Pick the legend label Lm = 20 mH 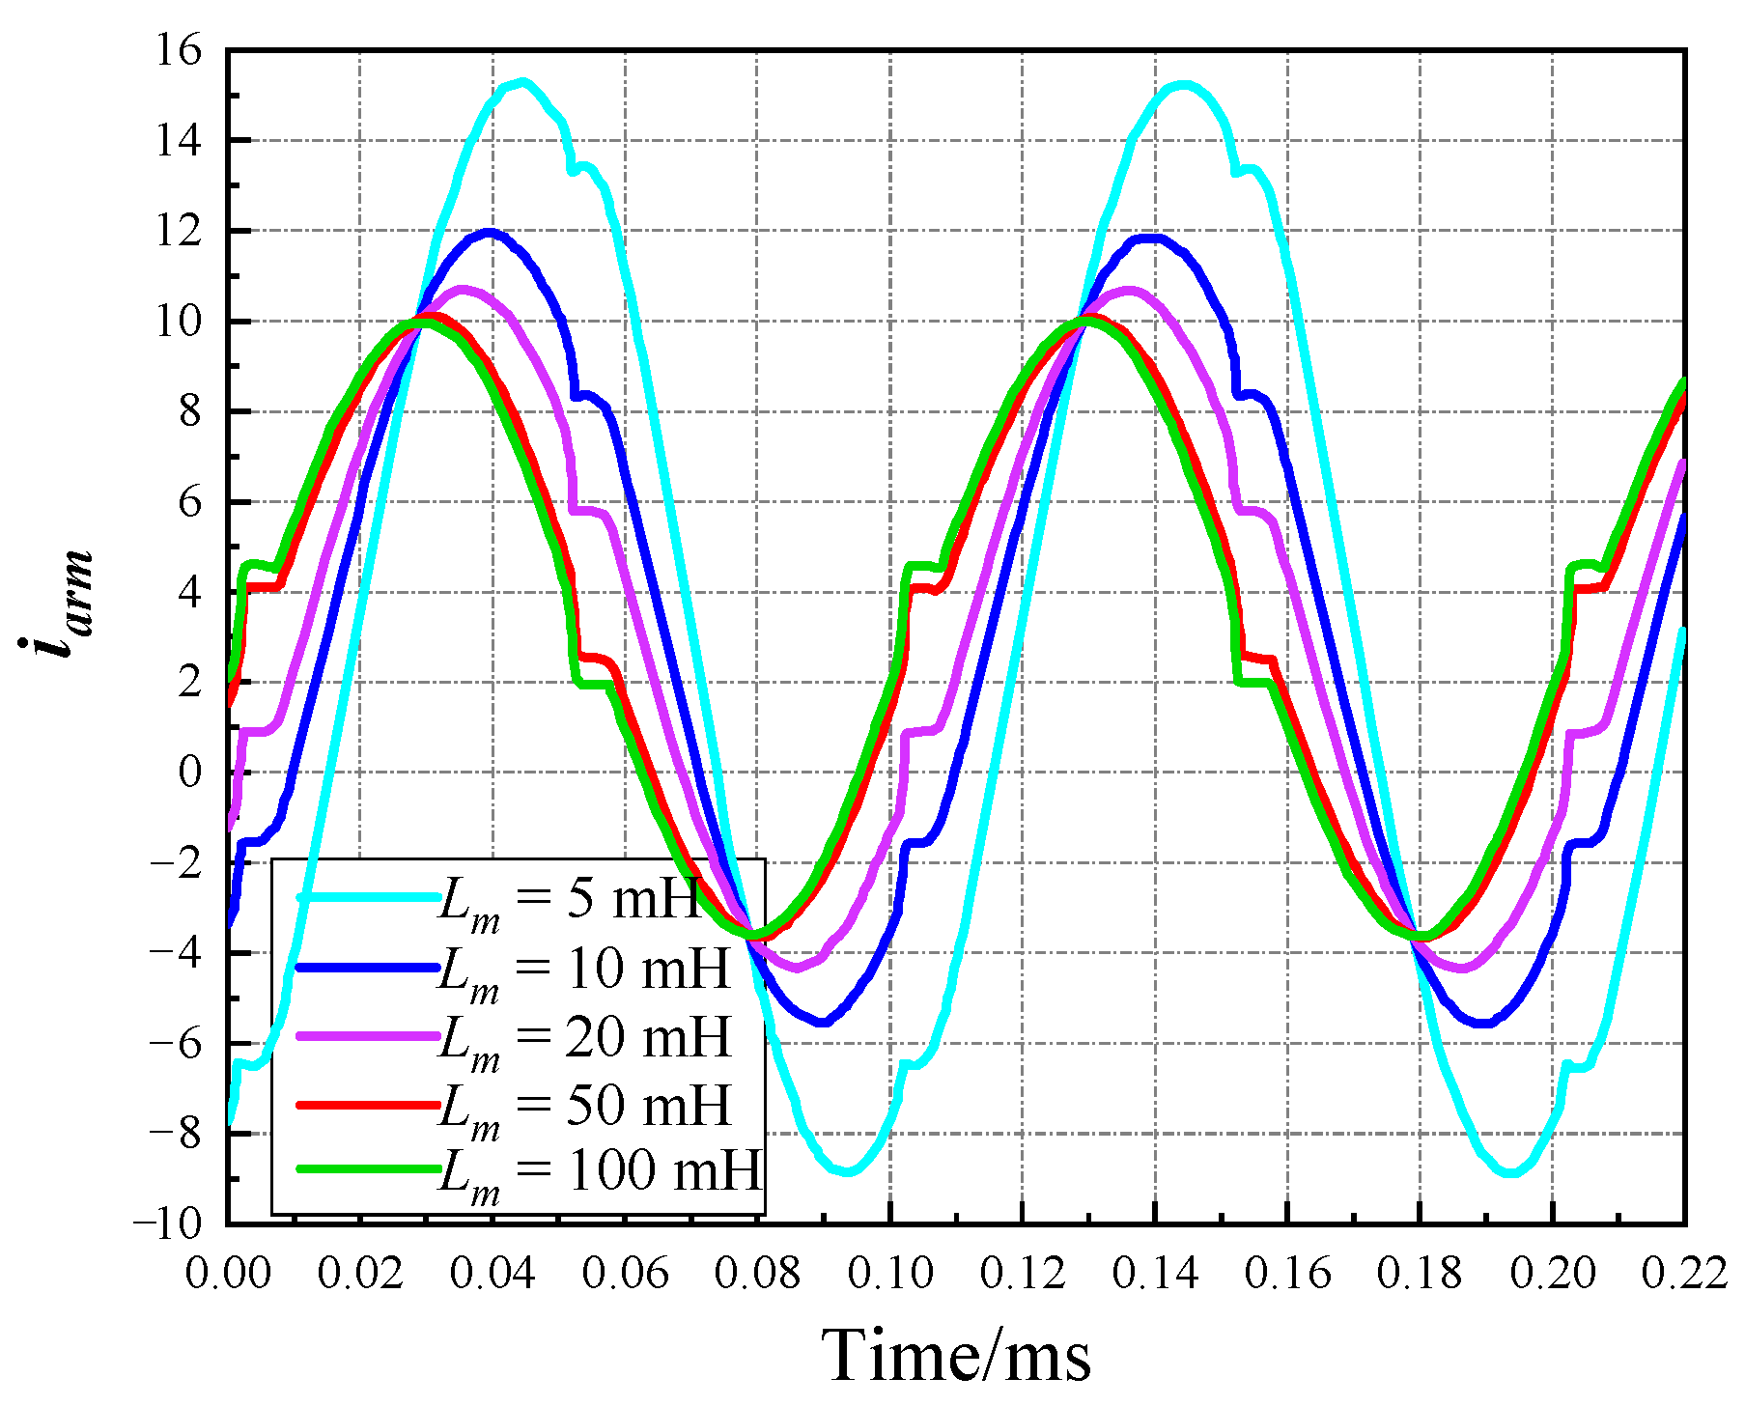584,1039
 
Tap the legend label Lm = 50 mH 584,1107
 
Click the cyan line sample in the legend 367,898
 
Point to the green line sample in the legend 367,1168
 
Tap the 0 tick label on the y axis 190,773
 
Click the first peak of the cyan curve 522,82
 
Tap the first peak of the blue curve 490,232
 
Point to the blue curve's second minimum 1484,1023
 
